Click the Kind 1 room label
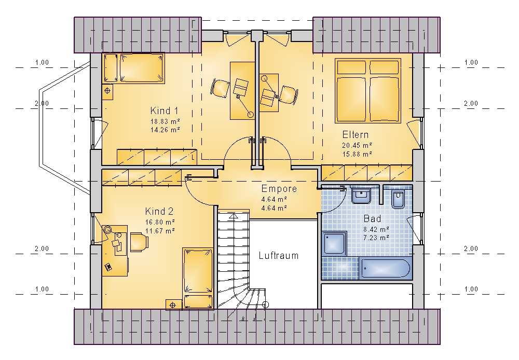coord(164,110)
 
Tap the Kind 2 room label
coord(159,212)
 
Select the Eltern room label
coord(356,135)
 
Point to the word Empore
coord(279,189)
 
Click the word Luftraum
coord(279,255)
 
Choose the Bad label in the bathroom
coord(372,219)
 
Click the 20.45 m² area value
coord(357,145)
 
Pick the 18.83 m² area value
coord(165,121)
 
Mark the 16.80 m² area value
coord(160,222)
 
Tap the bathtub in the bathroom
coord(386,268)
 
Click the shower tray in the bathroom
coord(334,243)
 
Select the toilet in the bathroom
coord(398,199)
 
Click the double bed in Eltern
coord(368,91)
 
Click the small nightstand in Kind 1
coord(107,91)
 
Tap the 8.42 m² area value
coord(376,229)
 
